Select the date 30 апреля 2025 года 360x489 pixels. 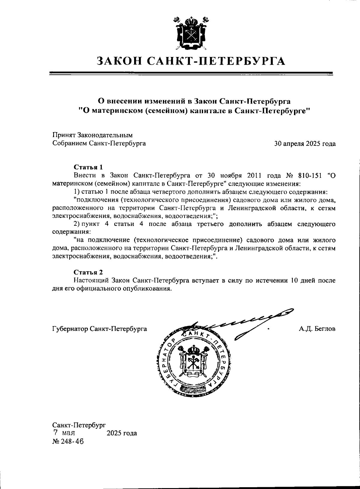(x=305, y=144)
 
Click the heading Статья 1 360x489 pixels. (x=88, y=167)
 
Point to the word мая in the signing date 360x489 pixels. (x=69, y=433)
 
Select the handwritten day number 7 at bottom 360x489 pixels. (x=55, y=433)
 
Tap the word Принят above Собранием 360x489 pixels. (x=64, y=136)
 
